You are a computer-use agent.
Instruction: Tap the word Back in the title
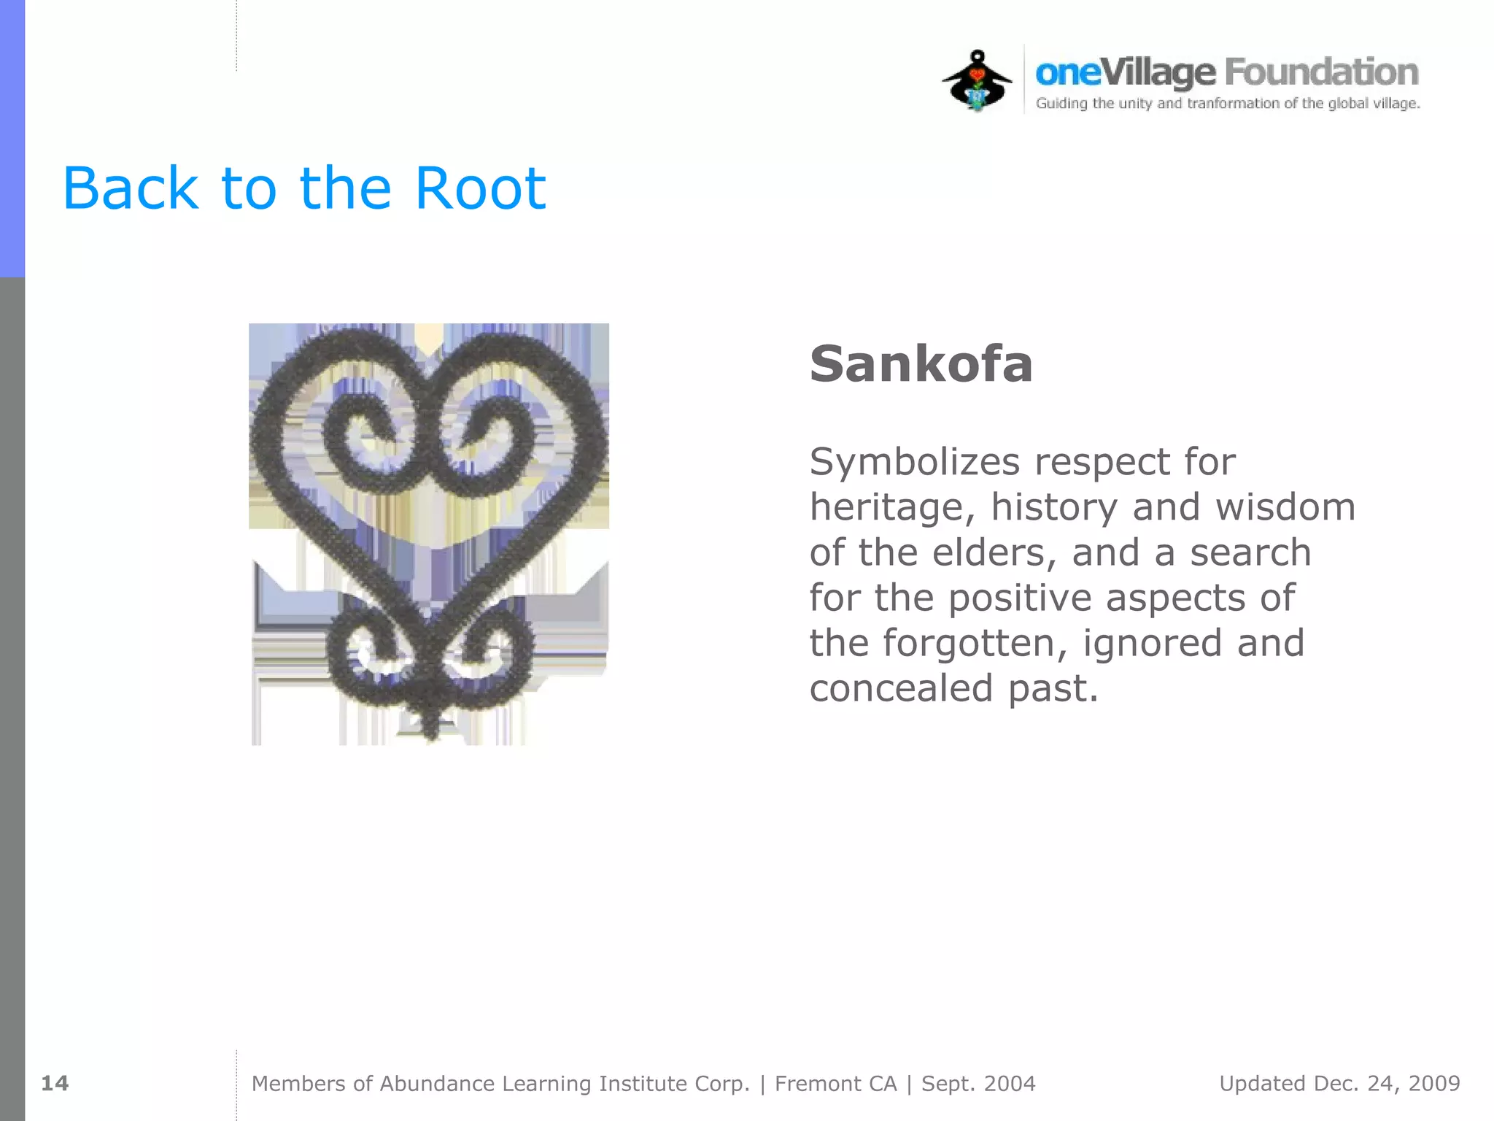pos(130,188)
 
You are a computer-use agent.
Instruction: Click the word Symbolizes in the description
pos(915,463)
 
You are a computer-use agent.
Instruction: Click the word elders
pos(994,552)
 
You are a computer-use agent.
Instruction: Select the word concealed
pos(902,688)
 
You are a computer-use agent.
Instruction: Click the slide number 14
pos(55,1083)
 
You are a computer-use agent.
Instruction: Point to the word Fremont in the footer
pos(835,1084)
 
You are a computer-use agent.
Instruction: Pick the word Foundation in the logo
pos(1321,72)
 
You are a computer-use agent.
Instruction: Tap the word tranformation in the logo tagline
pos(1233,104)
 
